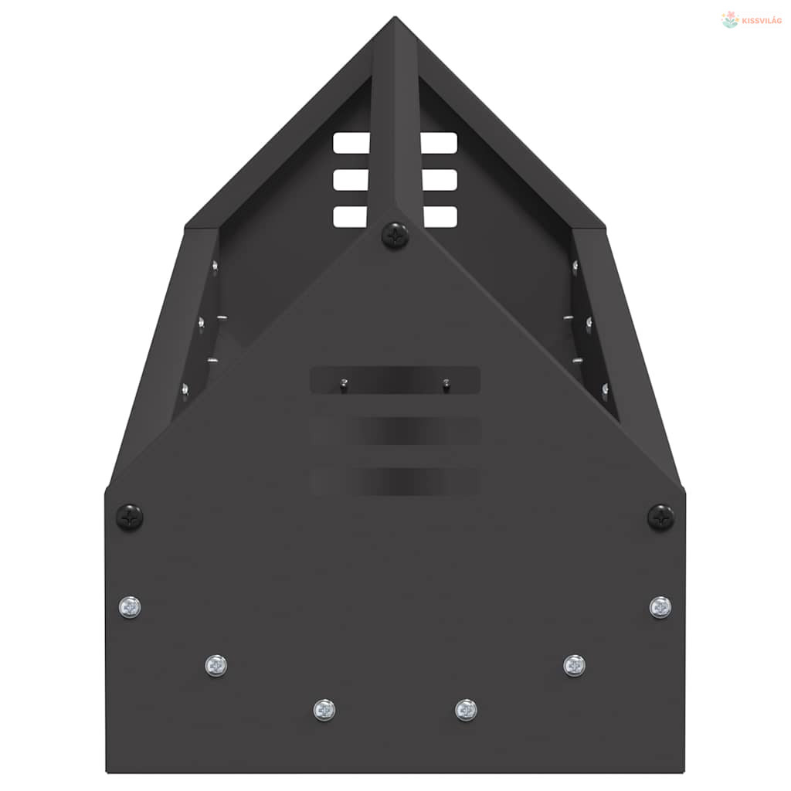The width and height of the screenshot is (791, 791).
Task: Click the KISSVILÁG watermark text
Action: coord(762,21)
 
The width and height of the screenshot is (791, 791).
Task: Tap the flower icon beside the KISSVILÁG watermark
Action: coord(730,19)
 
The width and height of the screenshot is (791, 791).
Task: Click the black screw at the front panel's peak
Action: coord(395,235)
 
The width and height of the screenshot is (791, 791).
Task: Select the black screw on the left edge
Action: coord(130,517)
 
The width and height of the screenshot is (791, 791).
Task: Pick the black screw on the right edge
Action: coord(660,517)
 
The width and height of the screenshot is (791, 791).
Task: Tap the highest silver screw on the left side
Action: coord(130,607)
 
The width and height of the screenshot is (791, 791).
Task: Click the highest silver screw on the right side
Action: coord(660,607)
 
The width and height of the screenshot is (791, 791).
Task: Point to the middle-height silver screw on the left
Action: coord(216,666)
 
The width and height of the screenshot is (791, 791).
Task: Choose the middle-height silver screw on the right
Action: coord(574,666)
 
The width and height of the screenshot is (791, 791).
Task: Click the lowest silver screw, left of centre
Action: coord(324,711)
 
